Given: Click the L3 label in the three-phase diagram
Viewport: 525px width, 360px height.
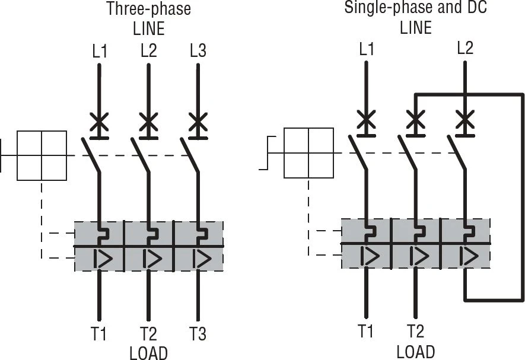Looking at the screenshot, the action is [x=198, y=51].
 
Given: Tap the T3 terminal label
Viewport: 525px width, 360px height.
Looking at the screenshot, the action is [x=198, y=333].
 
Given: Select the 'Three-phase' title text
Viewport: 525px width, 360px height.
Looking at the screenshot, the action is [x=149, y=9].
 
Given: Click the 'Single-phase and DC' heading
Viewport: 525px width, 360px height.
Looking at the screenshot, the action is [x=415, y=7].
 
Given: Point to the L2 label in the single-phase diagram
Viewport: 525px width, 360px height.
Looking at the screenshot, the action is [x=465, y=48].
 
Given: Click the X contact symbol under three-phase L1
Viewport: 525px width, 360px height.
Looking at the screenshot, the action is [x=99, y=122].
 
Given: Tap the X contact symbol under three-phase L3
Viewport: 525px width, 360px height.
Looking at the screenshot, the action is [x=198, y=122].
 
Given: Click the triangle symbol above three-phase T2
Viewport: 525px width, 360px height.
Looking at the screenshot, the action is [x=152, y=259].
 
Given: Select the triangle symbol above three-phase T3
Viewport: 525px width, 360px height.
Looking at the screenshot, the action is [x=202, y=259].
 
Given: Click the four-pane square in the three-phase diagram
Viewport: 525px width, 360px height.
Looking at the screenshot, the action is [x=42, y=156].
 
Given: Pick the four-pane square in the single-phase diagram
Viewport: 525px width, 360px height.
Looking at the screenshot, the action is [x=308, y=153].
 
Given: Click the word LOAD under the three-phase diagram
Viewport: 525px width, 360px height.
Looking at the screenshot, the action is [x=149, y=353].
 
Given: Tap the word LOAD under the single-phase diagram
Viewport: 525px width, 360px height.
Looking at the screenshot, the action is [x=416, y=352].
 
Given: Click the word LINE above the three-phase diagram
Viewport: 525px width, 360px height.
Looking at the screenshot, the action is [x=149, y=28].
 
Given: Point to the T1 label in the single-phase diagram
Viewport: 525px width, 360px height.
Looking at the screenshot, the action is [x=366, y=331].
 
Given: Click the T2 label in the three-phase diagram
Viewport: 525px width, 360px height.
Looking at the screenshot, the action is [x=148, y=333].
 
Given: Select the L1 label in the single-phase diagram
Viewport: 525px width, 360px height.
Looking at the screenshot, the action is [x=367, y=49].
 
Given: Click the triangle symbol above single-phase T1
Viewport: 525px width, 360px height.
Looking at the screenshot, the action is [x=370, y=256].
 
